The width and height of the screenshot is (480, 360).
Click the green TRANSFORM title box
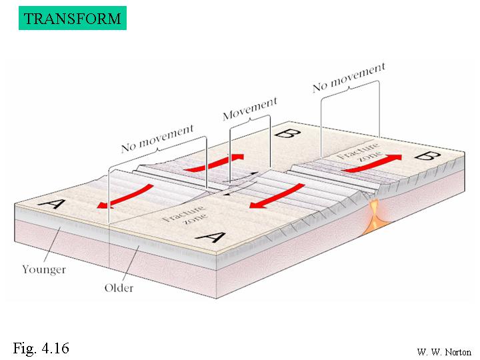point(73,17)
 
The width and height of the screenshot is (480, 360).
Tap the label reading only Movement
point(249,109)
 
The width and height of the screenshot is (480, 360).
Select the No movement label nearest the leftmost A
point(157,138)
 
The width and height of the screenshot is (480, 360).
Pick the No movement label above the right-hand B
point(349,77)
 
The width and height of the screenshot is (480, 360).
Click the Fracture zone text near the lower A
point(177,217)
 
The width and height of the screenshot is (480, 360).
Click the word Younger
point(43,269)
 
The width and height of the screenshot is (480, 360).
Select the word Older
point(119,288)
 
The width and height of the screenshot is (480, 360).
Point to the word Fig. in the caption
point(25,348)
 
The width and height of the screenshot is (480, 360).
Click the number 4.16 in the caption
point(55,348)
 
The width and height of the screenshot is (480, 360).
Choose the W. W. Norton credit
point(443,351)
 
